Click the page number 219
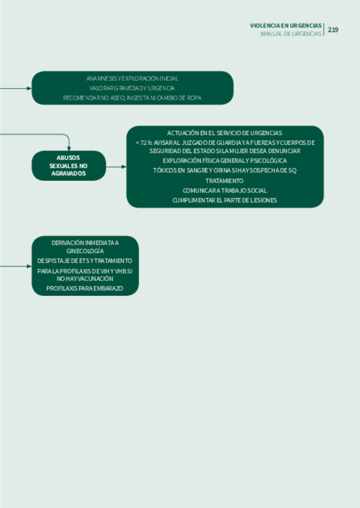coord(333,29)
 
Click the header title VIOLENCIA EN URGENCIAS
coord(286,26)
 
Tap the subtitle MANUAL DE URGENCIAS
coord(291,34)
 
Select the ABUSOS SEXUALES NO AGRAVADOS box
coord(69,165)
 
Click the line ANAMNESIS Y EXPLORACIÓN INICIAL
coord(132,78)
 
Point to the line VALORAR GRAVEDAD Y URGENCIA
coord(132,88)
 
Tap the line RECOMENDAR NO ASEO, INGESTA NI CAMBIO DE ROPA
coord(132,98)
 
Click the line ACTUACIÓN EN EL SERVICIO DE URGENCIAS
coord(225,132)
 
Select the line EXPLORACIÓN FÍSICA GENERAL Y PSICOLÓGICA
coord(225,161)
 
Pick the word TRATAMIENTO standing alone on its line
coord(225,180)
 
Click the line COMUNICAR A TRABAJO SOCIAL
coord(225,190)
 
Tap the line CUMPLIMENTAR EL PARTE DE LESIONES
coord(225,200)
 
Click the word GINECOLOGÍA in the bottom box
coord(85,251)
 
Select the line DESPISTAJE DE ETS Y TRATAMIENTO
coord(85,261)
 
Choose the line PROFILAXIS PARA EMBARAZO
coord(85,289)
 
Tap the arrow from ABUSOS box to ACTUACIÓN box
coord(116,167)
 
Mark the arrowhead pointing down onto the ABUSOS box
coord(69,148)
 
